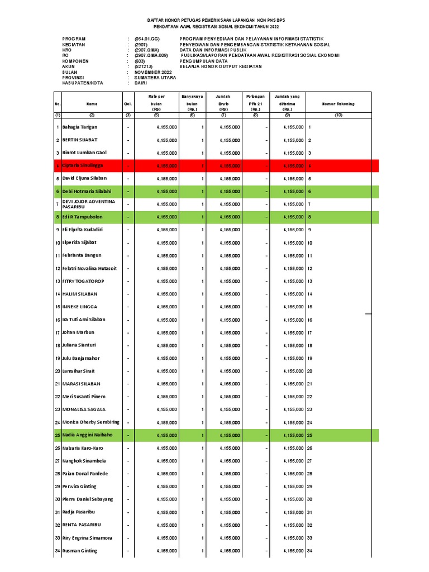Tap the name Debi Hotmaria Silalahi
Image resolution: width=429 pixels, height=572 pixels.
coord(88,192)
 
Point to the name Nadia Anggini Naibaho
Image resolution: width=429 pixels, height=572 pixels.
coord(87,435)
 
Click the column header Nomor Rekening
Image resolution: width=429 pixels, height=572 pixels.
coord(339,104)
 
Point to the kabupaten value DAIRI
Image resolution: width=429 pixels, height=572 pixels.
coord(141,83)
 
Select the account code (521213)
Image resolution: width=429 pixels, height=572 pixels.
coord(144,67)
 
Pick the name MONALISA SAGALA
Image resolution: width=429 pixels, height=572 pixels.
coord(84,409)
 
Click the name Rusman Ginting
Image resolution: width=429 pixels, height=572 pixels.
coord(79,551)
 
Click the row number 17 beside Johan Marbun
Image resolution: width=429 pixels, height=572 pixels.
coord(57,333)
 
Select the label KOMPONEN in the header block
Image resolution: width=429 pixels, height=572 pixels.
coord(75,61)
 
